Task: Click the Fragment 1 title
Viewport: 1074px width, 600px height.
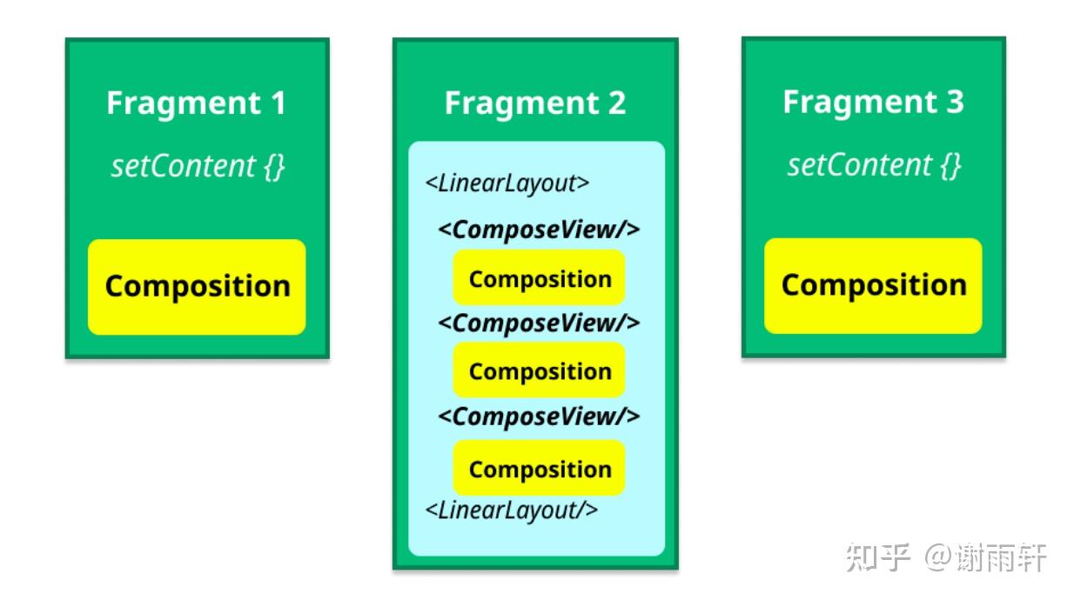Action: [196, 103]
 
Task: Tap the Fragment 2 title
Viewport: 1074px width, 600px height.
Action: [535, 103]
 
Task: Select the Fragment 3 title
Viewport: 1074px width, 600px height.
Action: [873, 102]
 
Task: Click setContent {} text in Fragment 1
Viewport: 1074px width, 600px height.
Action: [198, 166]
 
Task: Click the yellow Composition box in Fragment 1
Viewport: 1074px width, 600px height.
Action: [197, 287]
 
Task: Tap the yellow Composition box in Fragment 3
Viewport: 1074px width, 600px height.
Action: [873, 285]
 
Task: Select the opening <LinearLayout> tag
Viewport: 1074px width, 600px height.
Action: [507, 183]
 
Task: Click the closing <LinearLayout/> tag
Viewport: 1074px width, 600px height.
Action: [512, 510]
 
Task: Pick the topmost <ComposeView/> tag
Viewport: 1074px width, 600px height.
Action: [539, 230]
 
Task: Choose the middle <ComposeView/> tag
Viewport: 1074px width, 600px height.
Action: [539, 323]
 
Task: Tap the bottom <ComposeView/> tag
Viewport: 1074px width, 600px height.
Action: [539, 417]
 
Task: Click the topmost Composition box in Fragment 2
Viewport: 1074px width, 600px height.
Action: [539, 277]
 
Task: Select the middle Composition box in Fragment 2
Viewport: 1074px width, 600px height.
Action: [539, 370]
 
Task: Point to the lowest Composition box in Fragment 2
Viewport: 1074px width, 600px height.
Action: [539, 468]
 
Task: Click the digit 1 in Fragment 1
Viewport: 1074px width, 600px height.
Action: [279, 103]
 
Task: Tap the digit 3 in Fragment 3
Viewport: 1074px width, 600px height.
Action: [955, 101]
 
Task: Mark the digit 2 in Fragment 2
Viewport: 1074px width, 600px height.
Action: [617, 103]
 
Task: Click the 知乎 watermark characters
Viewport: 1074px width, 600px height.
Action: [877, 557]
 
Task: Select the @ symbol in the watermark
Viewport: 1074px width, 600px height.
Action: [938, 557]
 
